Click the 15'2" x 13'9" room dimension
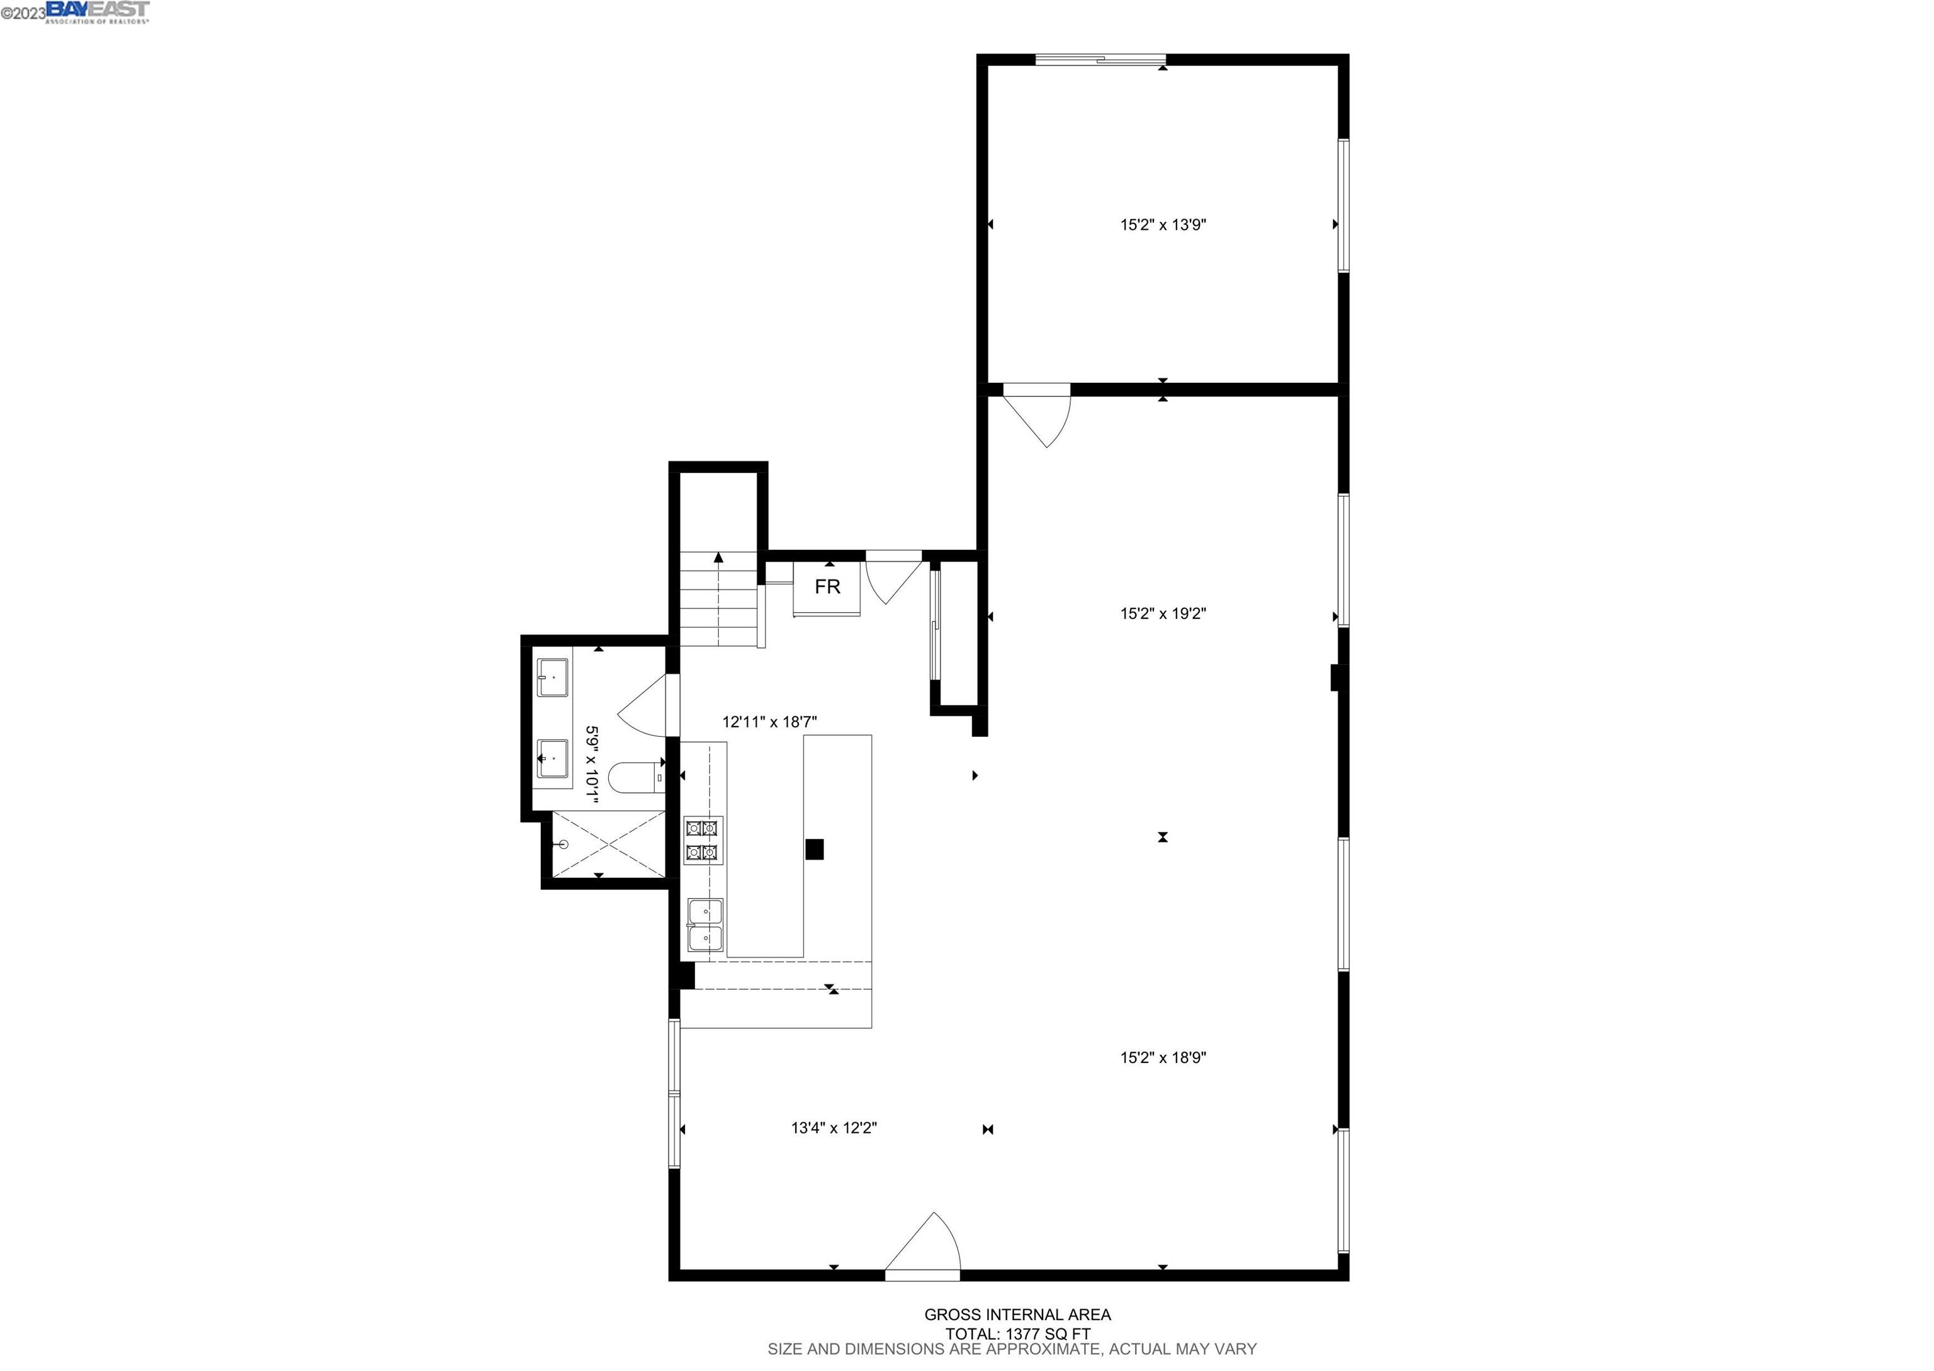(1163, 225)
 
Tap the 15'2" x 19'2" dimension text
(1163, 615)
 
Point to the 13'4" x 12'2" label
(834, 1128)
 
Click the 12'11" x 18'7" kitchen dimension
(769, 722)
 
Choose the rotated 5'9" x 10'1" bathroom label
(592, 765)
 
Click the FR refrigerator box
(827, 587)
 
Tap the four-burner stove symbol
(702, 841)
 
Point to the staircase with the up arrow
(718, 600)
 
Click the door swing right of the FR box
(893, 578)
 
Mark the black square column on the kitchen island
(814, 850)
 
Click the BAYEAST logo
(98, 11)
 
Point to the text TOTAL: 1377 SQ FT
(1017, 1334)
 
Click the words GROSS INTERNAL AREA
(1017, 1314)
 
